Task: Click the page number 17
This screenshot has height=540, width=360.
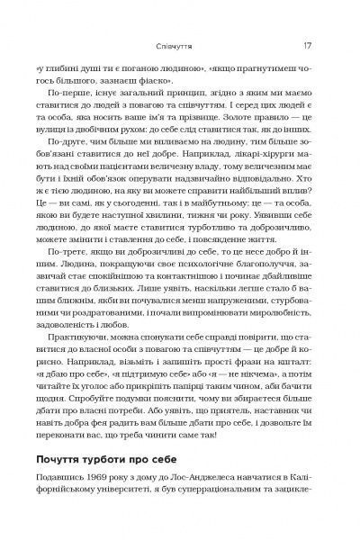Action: coord(307,44)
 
